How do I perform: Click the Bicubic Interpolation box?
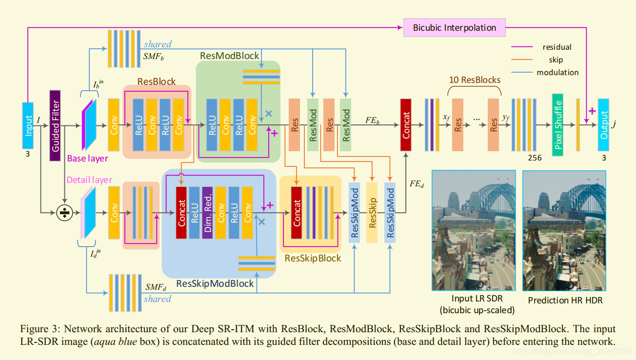point(454,27)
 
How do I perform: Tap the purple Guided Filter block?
point(55,125)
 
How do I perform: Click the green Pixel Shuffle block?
point(557,125)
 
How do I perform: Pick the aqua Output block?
point(604,125)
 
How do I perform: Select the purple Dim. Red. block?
point(207,213)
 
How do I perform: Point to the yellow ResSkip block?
point(372,213)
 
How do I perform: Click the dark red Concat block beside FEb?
point(406,125)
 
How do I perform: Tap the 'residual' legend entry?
point(556,47)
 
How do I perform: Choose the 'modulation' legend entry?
point(557,73)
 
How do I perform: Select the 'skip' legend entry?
point(556,60)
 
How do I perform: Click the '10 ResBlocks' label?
point(475,80)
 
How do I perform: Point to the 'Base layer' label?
point(88,158)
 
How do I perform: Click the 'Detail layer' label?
point(89,180)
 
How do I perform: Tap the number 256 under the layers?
point(535,158)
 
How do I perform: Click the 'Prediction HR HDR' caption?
point(565,300)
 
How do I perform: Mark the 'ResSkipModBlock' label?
point(215,283)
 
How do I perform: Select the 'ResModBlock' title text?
point(229,56)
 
